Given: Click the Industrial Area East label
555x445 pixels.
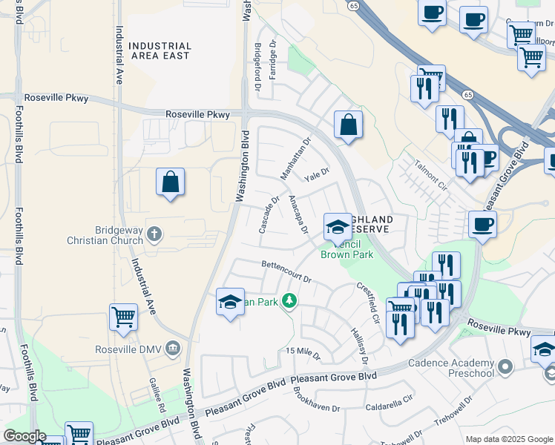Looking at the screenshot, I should (x=160, y=50).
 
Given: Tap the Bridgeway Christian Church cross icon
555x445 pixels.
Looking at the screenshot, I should (x=154, y=235).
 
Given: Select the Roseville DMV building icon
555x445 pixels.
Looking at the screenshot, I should (x=173, y=349).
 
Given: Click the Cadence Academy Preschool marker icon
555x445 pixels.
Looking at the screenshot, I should (x=505, y=366).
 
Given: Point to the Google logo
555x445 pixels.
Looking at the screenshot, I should (x=24, y=436).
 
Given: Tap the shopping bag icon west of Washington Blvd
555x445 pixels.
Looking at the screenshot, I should (x=170, y=182).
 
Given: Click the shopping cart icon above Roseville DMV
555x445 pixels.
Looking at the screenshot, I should (x=123, y=317).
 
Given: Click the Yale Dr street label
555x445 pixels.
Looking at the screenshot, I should (x=317, y=175).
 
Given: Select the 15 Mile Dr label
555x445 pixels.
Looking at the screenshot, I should (x=303, y=353).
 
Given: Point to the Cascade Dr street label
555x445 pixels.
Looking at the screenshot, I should (x=268, y=214).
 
